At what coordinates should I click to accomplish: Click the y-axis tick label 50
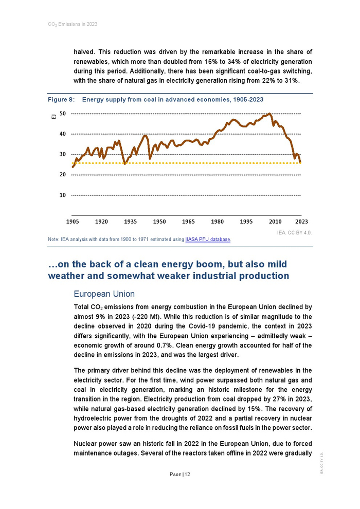(62, 113)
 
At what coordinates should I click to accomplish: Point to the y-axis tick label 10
(62, 195)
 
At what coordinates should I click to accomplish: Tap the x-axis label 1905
(73, 222)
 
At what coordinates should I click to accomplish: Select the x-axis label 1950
(159, 222)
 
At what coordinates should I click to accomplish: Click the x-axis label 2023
(302, 222)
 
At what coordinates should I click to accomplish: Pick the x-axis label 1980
(218, 222)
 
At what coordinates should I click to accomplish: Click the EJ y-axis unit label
(53, 117)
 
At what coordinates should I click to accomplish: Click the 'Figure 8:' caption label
(62, 99)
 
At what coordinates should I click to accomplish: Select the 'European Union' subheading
(104, 294)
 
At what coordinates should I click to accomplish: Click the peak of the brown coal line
(270, 114)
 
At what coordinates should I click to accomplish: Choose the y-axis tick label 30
(62, 154)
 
